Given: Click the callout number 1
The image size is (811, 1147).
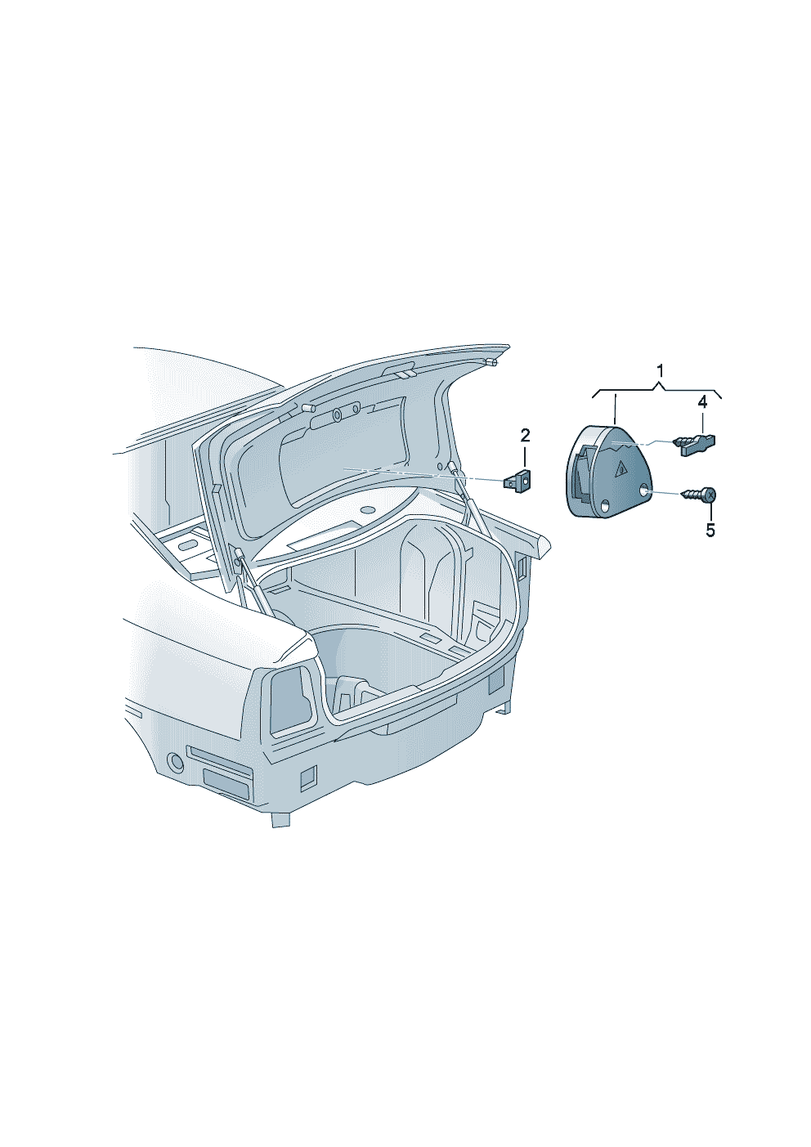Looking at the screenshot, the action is (x=660, y=370).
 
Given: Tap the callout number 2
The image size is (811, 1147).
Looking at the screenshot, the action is (x=525, y=436).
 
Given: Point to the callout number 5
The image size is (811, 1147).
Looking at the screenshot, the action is (x=710, y=530).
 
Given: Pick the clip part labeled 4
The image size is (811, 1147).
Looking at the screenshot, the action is (x=693, y=444).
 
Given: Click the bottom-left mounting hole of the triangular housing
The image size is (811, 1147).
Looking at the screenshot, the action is (x=605, y=506).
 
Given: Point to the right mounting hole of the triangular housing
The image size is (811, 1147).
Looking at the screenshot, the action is (x=643, y=492).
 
